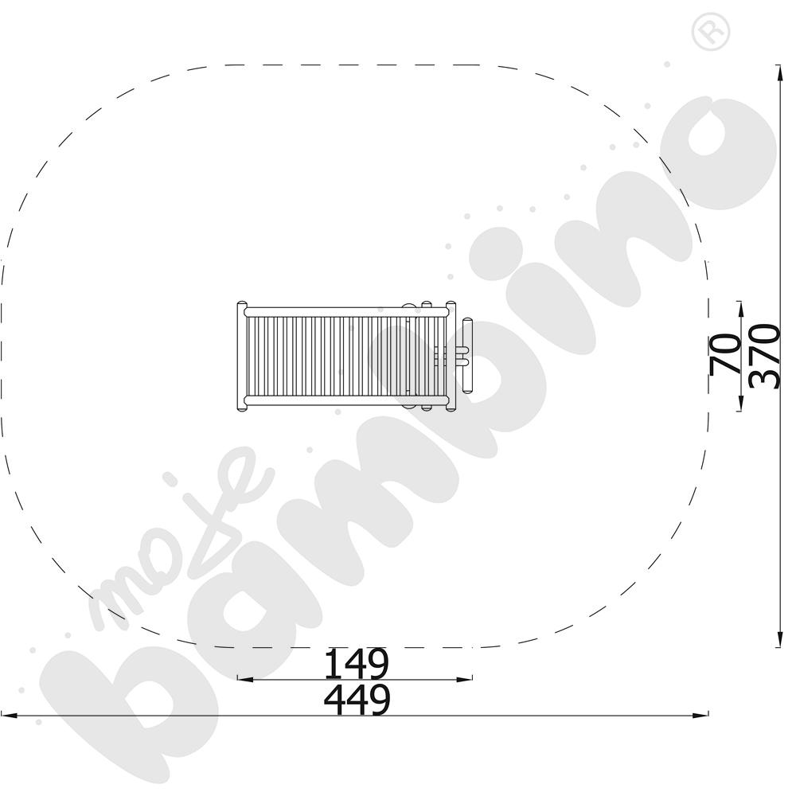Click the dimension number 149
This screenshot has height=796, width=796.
click(357, 664)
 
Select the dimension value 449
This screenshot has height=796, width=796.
click(357, 700)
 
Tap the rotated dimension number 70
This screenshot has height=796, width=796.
click(725, 355)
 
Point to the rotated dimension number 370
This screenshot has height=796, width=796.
click(764, 357)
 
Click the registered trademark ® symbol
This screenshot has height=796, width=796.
click(711, 32)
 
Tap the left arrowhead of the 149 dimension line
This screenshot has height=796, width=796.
click(244, 679)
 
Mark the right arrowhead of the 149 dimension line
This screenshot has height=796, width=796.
click(465, 679)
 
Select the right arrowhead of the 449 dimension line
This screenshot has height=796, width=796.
click(700, 716)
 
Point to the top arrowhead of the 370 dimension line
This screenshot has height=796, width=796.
click(778, 73)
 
